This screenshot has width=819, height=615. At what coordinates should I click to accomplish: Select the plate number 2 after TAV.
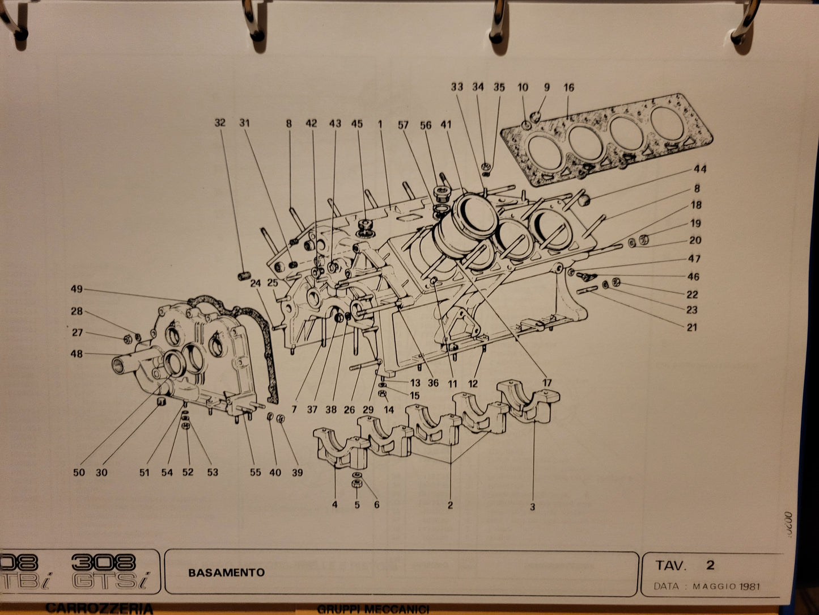coord(710,565)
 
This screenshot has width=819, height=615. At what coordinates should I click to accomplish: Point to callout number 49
coord(77,289)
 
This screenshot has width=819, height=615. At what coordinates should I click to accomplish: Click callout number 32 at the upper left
coord(220,123)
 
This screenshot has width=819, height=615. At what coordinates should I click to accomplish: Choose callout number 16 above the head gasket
coord(568,87)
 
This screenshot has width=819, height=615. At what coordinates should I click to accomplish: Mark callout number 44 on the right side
coord(700,169)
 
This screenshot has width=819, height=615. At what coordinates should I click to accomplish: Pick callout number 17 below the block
coord(547,383)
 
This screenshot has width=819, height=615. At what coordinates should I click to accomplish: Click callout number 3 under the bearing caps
coord(532,507)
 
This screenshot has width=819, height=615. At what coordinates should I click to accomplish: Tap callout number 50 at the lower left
coord(79,472)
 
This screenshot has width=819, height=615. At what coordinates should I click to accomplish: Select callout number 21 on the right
coord(692,327)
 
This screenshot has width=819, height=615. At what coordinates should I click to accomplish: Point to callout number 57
coord(403,125)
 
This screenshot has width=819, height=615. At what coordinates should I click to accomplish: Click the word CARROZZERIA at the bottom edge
coord(99,608)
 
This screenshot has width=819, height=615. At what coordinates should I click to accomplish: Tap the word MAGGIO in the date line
coord(715,586)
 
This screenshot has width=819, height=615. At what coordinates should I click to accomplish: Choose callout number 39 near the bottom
coord(297,472)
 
